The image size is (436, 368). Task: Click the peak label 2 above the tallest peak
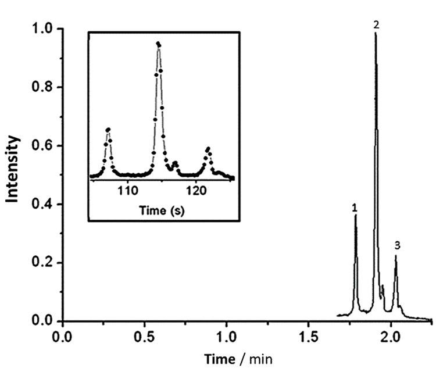pyautogui.click(x=376, y=25)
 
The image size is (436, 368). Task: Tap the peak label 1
pyautogui.click(x=354, y=208)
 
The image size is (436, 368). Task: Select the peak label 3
pyautogui.click(x=398, y=245)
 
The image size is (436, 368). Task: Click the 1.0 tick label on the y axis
pyautogui.click(x=42, y=28)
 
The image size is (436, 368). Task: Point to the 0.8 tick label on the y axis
pyautogui.click(x=42, y=87)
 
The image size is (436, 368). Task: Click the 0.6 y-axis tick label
pyautogui.click(x=42, y=146)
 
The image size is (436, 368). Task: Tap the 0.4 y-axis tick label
pyautogui.click(x=42, y=204)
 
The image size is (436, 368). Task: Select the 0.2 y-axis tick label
pyautogui.click(x=42, y=263)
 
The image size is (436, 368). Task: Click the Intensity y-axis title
pyautogui.click(x=12, y=169)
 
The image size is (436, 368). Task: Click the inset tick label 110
pyautogui.click(x=128, y=191)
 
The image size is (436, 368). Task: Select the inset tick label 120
pyautogui.click(x=196, y=191)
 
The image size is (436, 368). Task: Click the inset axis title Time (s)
pyautogui.click(x=162, y=210)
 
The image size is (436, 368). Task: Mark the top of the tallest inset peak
pyautogui.click(x=158, y=43)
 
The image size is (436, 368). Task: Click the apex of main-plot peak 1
pyautogui.click(x=355, y=215)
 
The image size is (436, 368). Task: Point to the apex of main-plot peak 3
pyautogui.click(x=396, y=255)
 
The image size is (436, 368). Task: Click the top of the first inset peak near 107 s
pyautogui.click(x=108, y=129)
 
